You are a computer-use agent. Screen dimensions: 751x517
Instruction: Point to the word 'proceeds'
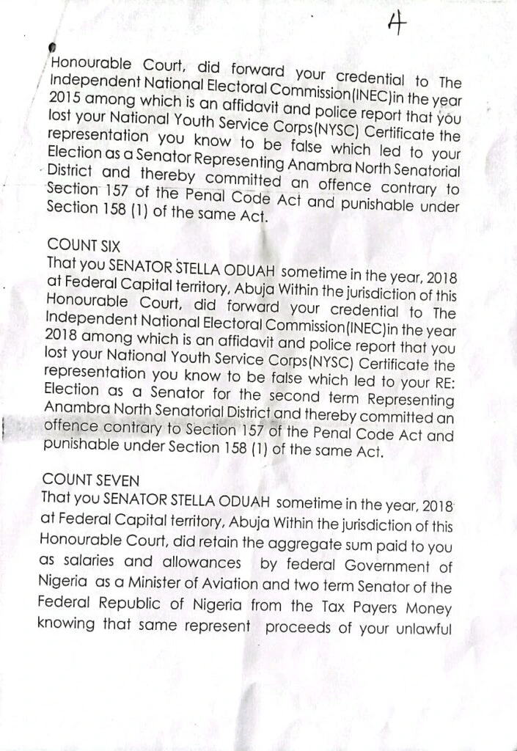click(300, 628)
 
